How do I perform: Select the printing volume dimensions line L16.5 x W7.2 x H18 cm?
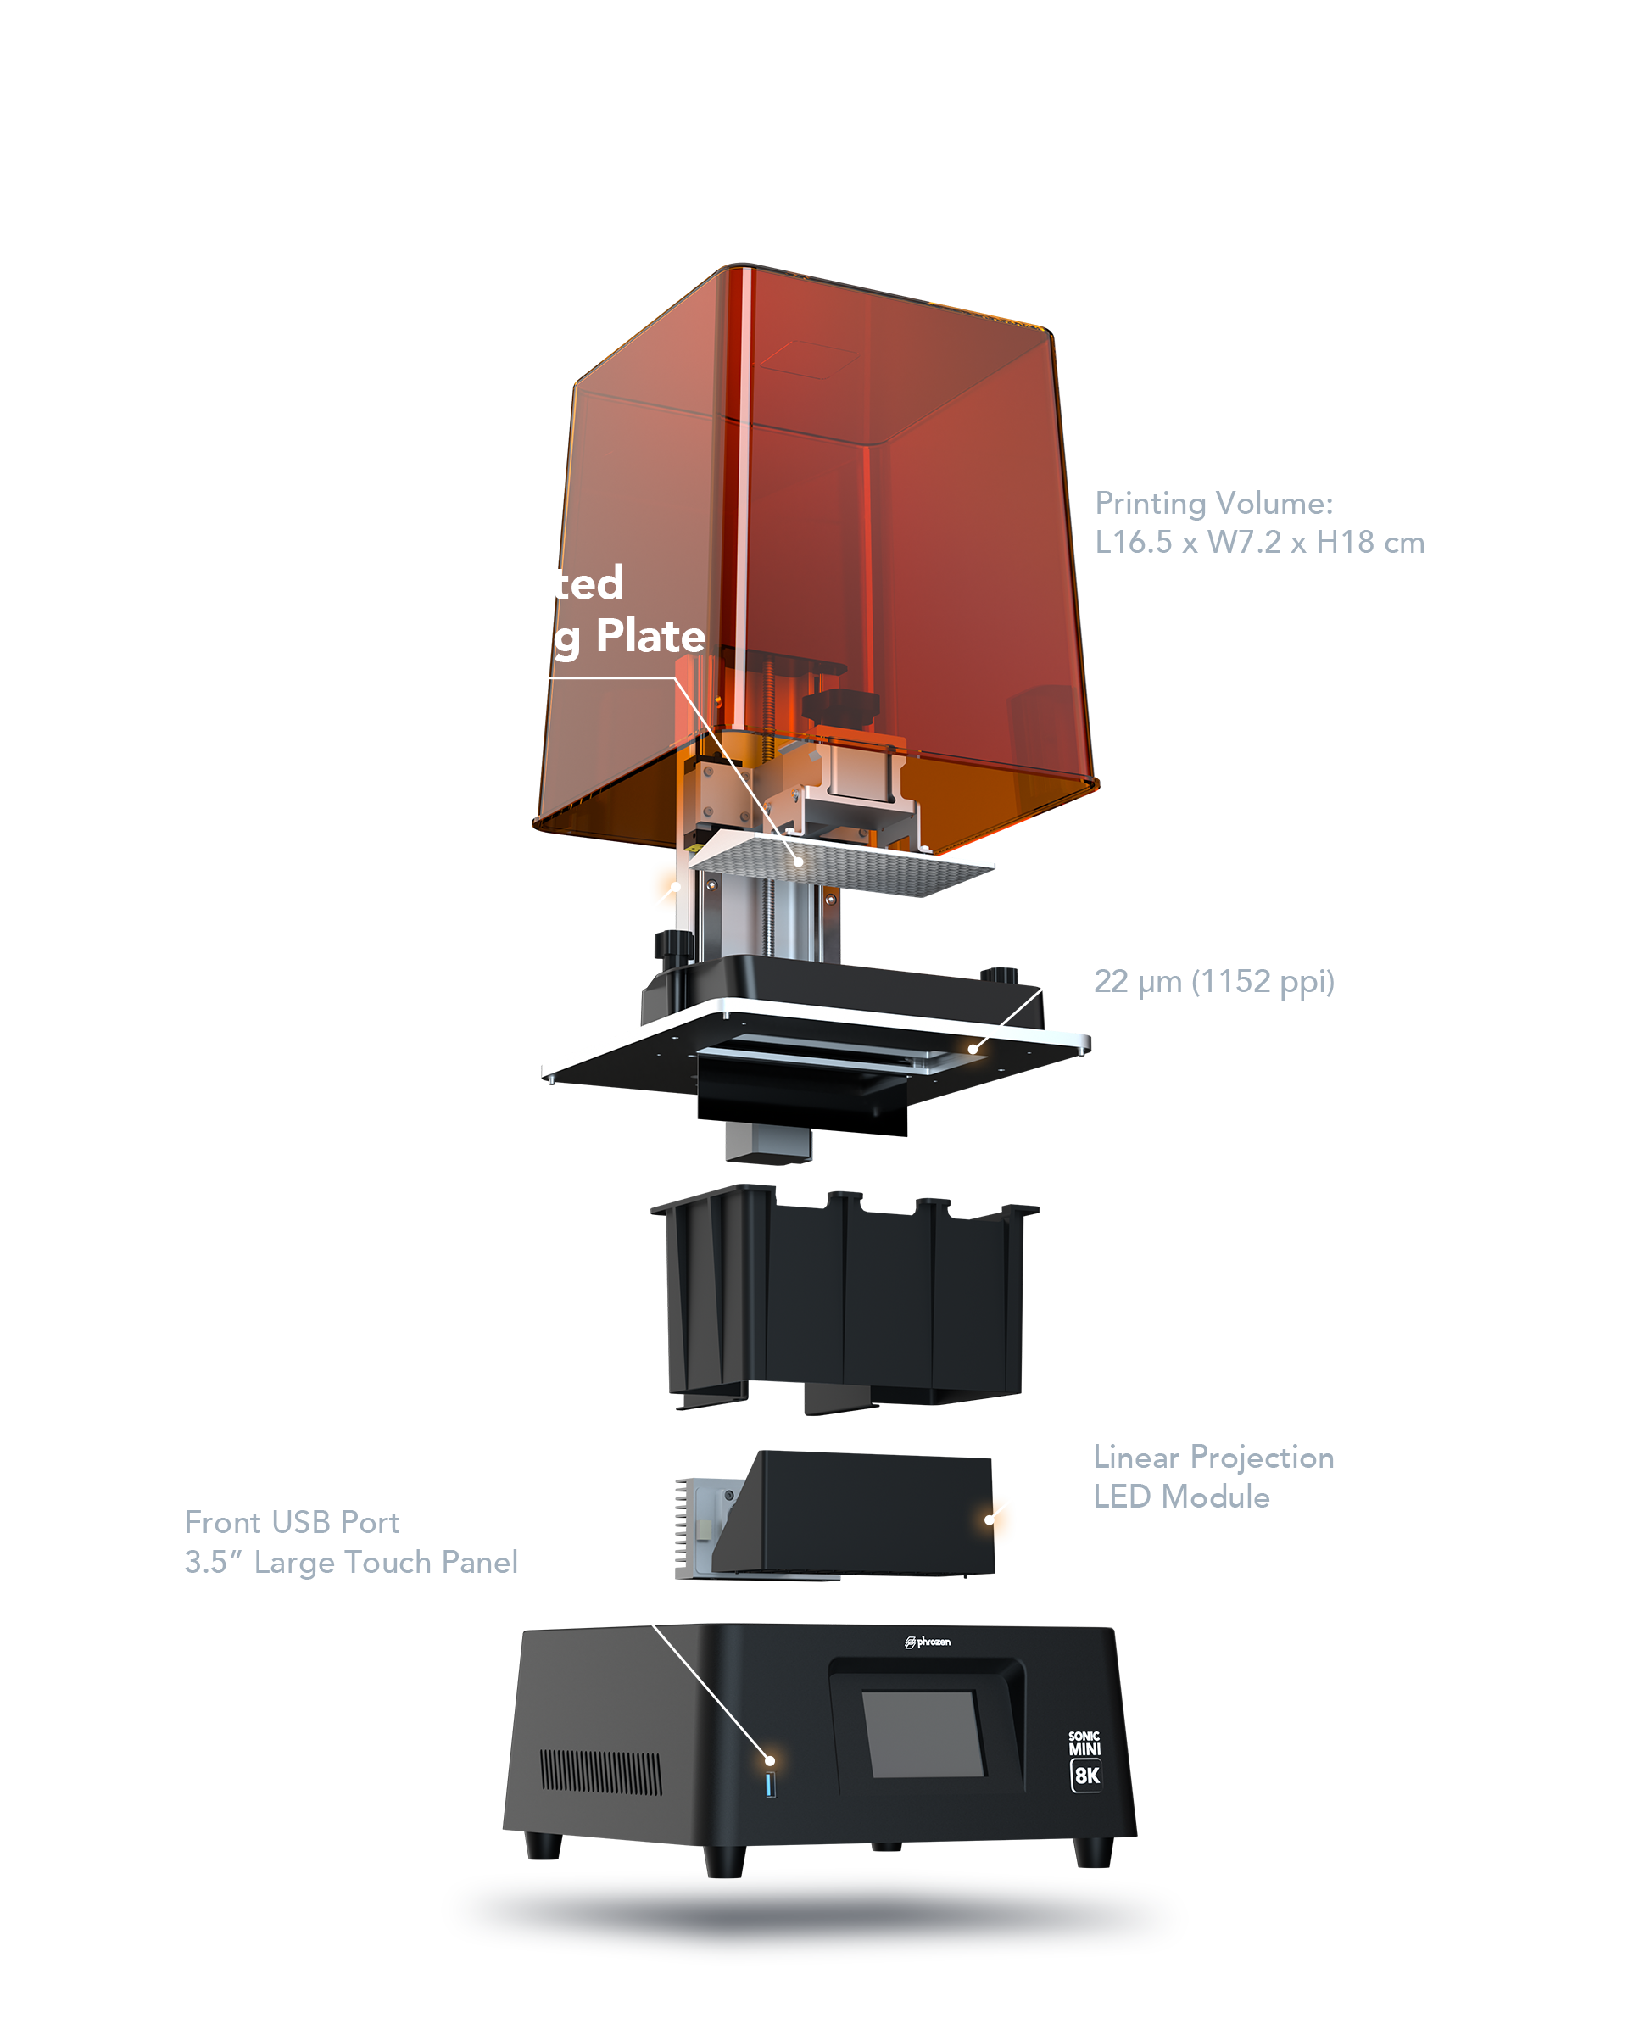tap(1258, 542)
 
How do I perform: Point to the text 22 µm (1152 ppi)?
tap(1213, 982)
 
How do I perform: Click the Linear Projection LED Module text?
tap(1213, 1477)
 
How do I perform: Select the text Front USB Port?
tap(292, 1523)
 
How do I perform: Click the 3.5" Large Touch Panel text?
tap(351, 1563)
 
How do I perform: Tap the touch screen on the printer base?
tap(923, 1733)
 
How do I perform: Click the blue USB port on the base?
tap(770, 1785)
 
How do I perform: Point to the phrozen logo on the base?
tap(928, 1642)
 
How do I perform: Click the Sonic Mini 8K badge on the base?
tap(1085, 1761)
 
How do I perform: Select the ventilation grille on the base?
tap(600, 1773)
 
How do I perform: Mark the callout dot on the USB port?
tap(770, 1760)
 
